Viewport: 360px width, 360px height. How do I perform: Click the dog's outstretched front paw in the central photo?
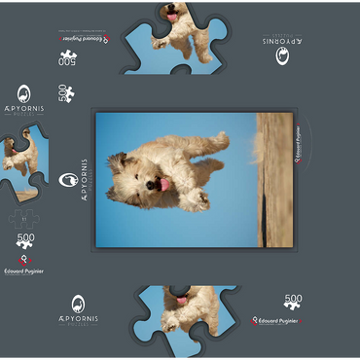click(199, 199)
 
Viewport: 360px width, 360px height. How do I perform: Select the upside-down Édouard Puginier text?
click(82, 38)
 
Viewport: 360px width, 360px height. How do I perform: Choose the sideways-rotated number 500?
click(65, 93)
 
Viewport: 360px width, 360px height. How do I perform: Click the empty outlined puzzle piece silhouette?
click(26, 220)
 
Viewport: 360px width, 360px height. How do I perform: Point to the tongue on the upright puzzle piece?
click(181, 327)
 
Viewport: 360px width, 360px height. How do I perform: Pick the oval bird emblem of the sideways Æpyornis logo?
click(68, 180)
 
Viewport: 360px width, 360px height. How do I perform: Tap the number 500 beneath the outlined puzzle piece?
click(26, 238)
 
